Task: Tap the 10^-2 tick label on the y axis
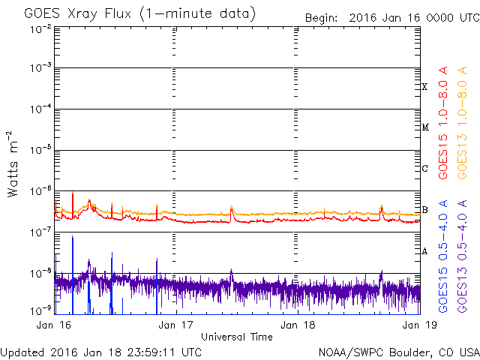point(40,28)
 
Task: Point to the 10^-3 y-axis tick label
point(40,69)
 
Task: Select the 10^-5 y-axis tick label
point(40,151)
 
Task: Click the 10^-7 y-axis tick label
point(40,232)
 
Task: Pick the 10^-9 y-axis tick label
point(40,309)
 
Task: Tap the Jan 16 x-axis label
point(55,326)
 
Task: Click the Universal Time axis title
point(237,337)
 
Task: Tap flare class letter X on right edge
point(425,87)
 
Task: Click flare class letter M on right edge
point(425,127)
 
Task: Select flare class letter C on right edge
point(425,169)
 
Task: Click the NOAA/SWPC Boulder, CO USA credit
point(398,352)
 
